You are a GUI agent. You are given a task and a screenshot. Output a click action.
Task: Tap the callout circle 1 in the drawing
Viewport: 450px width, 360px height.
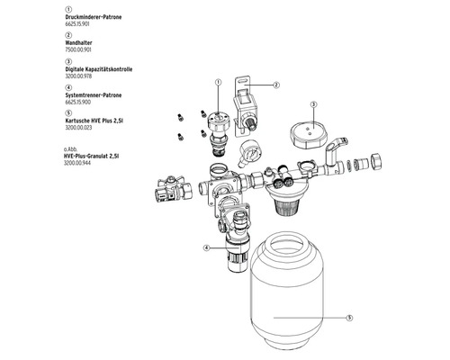[x=217, y=82]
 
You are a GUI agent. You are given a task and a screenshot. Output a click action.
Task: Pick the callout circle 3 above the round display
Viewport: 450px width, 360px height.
[x=313, y=104]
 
